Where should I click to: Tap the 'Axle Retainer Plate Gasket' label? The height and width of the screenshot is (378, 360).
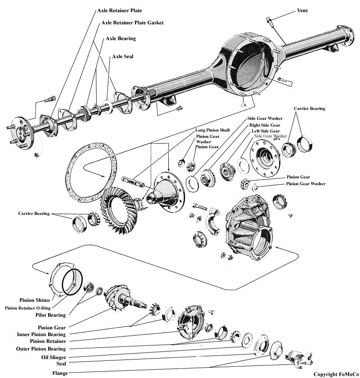click(132, 22)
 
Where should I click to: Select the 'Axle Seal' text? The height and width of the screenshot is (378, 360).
click(122, 57)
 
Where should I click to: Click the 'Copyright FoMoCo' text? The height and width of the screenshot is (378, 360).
click(335, 373)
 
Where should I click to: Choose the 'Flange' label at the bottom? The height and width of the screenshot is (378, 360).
click(60, 373)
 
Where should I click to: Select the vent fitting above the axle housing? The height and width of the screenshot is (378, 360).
click(269, 22)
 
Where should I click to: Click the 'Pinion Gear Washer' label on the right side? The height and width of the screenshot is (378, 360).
click(306, 184)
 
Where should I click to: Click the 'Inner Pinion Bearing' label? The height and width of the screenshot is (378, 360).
click(41, 334)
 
